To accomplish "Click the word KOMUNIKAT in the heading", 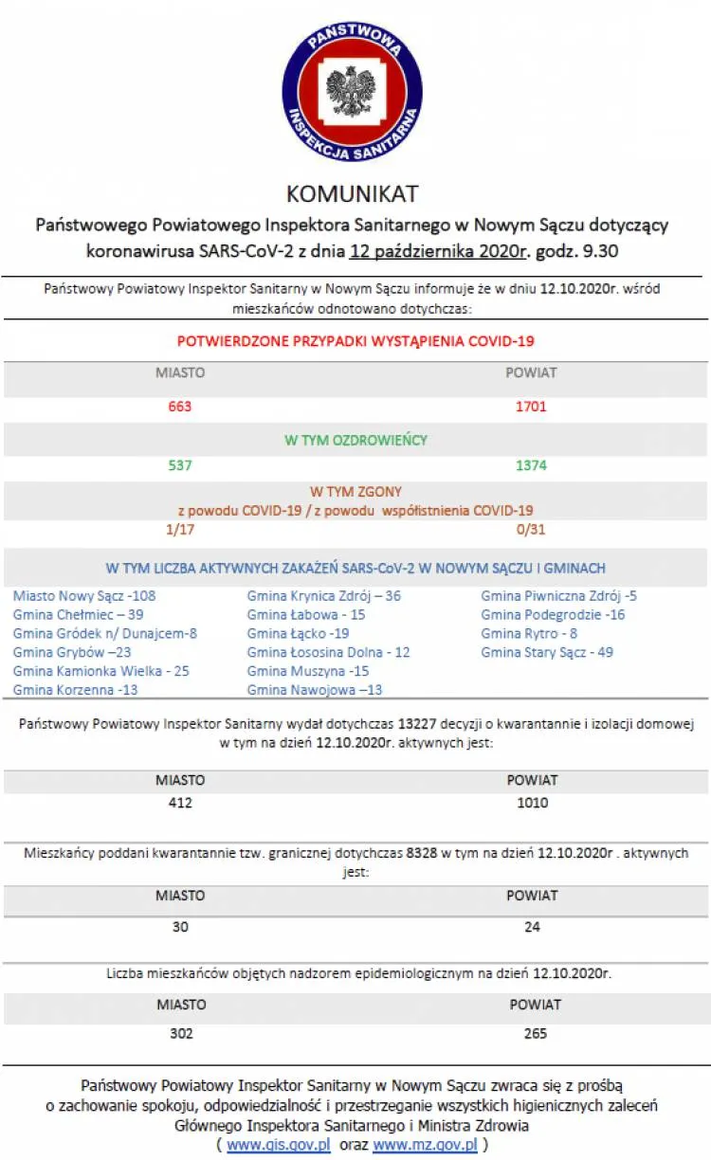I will (x=353, y=194).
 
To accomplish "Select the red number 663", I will (x=180, y=407).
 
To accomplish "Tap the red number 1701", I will (x=531, y=407).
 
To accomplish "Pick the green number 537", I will (x=180, y=465).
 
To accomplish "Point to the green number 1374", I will (x=531, y=465).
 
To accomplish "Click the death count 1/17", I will (x=180, y=529).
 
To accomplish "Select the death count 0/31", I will (x=531, y=529).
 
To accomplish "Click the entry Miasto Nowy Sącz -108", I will (x=84, y=596).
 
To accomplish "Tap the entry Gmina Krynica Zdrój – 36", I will (x=323, y=596).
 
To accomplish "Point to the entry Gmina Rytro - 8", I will (x=529, y=633).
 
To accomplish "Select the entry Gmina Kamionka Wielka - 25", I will (x=100, y=671).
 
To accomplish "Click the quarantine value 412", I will (x=180, y=803).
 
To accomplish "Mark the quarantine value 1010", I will (x=532, y=803).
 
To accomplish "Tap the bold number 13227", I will (x=415, y=724).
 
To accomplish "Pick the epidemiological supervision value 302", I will (x=180, y=1033).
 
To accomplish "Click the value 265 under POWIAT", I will (x=535, y=1033).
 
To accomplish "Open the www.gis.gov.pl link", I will (x=279, y=1145).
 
